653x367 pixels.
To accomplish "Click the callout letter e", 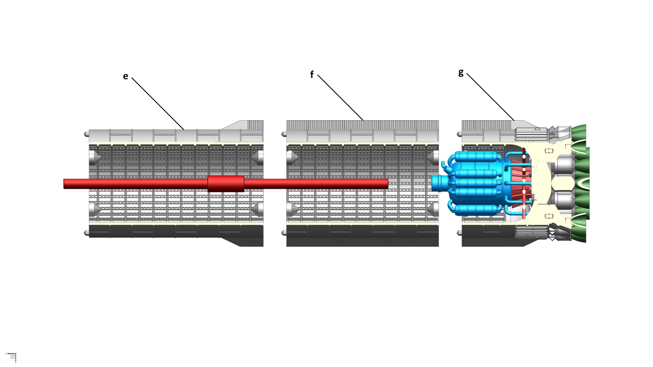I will [125, 76].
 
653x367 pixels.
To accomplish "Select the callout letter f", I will [311, 74].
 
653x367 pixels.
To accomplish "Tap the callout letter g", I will [461, 73].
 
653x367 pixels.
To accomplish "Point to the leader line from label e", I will [158, 103].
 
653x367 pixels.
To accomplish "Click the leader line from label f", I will [340, 97].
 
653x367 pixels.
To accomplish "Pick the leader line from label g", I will [490, 97].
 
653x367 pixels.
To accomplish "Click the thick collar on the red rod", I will [226, 184].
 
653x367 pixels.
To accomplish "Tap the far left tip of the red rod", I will [65, 184].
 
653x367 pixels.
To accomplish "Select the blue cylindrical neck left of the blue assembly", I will [438, 183].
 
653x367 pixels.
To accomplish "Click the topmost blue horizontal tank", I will [476, 156].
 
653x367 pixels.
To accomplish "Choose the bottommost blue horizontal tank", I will [476, 210].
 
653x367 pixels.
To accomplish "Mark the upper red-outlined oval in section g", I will [547, 151].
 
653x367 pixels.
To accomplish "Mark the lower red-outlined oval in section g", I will [547, 216].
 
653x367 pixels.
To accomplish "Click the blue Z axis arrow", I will [10, 353].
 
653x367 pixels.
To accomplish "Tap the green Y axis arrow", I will [16, 359].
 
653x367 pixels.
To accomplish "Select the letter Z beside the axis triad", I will [6, 353].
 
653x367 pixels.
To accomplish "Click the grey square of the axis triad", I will [12, 356].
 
